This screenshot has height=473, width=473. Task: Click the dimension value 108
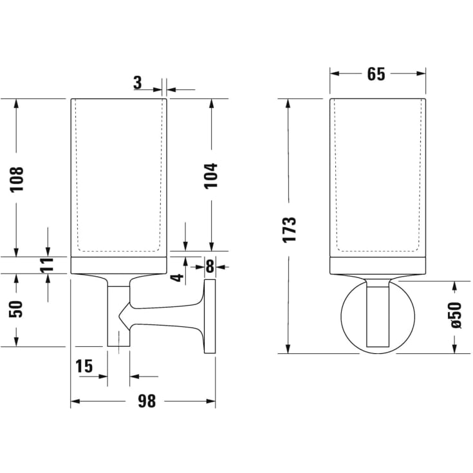(x=17, y=180)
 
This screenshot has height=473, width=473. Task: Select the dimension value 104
(x=211, y=175)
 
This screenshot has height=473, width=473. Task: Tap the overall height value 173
(x=290, y=229)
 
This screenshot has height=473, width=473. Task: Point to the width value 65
(x=376, y=74)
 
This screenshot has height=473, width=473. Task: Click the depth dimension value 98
(x=147, y=402)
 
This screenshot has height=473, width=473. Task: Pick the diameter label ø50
(x=455, y=316)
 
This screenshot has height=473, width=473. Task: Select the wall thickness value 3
(x=138, y=82)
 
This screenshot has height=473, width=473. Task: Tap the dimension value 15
(x=84, y=366)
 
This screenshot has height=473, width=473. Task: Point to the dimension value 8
(x=209, y=265)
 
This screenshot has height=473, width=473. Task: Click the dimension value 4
(x=178, y=278)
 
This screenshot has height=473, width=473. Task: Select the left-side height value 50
(x=17, y=308)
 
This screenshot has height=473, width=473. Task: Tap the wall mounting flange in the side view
(x=209, y=317)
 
